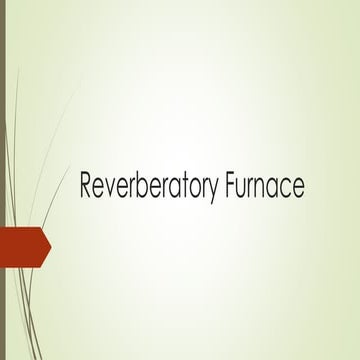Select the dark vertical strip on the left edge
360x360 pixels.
[x=3, y=180]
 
